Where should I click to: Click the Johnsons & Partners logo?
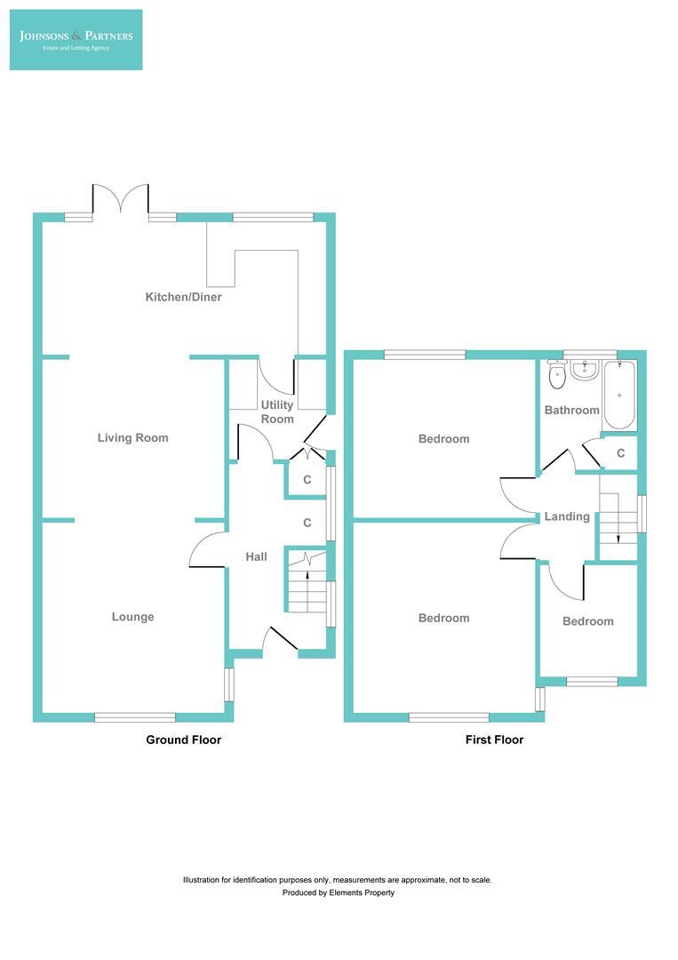pos(76,40)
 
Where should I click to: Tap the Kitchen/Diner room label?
pos(183,297)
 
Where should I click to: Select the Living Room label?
pos(132,437)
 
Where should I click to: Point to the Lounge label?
pos(132,617)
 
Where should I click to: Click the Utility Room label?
pos(277,412)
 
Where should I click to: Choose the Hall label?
pos(256,557)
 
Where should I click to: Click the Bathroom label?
pos(571,410)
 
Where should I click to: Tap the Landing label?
pos(567,516)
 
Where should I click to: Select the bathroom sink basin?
pos(584,370)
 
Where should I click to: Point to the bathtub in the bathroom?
pos(619,395)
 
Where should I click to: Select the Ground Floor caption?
pos(183,740)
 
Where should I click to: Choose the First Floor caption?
pos(494,740)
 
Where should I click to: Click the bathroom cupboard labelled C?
pos(620,453)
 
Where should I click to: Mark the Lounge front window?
pos(135,716)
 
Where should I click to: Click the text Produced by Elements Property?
pos(338,892)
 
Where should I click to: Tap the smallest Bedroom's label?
pos(587,621)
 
